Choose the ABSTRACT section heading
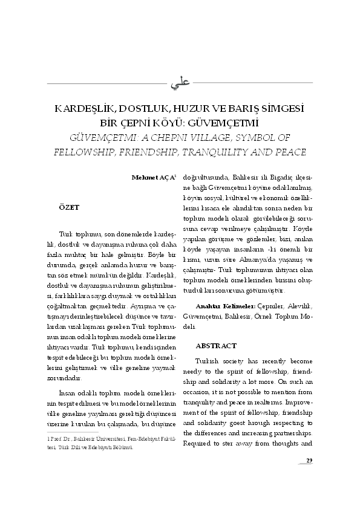[x=216, y=346]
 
